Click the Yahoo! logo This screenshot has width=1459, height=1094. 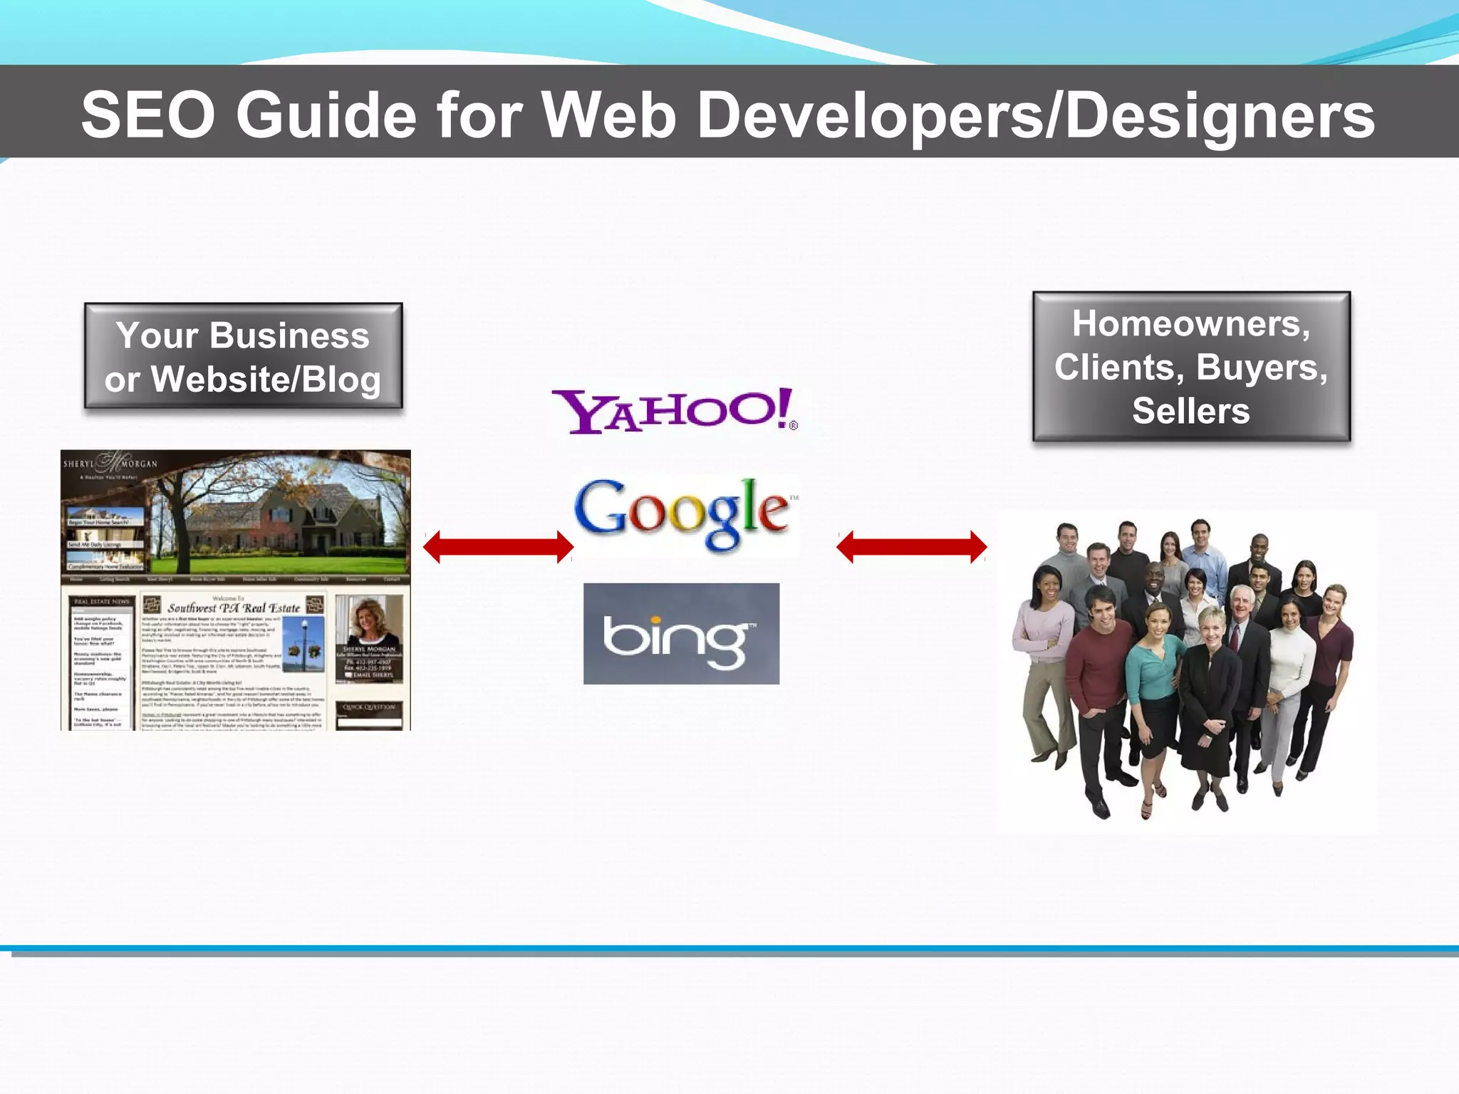(x=675, y=411)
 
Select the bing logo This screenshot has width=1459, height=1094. (x=681, y=634)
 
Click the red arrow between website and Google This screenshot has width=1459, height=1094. (x=498, y=547)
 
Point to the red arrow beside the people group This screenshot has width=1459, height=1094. (x=911, y=547)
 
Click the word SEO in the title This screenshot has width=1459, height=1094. (x=148, y=115)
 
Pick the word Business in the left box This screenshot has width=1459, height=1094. (x=289, y=335)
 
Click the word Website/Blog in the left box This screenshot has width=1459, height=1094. (x=266, y=379)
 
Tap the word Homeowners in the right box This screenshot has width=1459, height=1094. (x=1190, y=324)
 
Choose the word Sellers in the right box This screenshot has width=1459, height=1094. (x=1190, y=411)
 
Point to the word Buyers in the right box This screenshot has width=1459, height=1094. (x=1261, y=368)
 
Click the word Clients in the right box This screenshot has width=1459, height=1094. (x=1119, y=368)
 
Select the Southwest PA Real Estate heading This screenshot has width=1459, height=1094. (x=234, y=608)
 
